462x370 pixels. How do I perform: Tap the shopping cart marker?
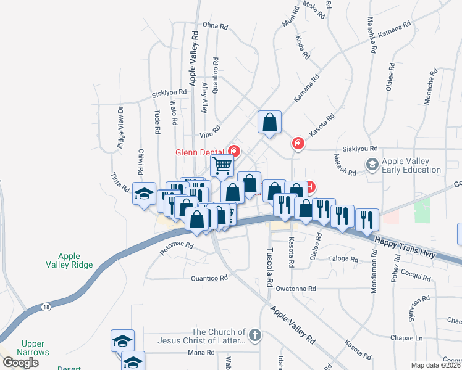(x=222, y=165)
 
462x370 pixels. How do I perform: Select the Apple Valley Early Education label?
(x=411, y=165)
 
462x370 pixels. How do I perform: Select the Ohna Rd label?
(x=216, y=26)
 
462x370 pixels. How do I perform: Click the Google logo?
(x=20, y=362)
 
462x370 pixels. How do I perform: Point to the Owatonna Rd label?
(x=296, y=289)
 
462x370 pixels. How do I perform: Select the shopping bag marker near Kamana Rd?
(x=270, y=122)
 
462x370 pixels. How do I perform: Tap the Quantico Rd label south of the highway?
(x=210, y=278)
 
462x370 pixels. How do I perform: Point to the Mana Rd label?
(x=201, y=353)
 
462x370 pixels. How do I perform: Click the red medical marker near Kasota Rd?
(x=298, y=144)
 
